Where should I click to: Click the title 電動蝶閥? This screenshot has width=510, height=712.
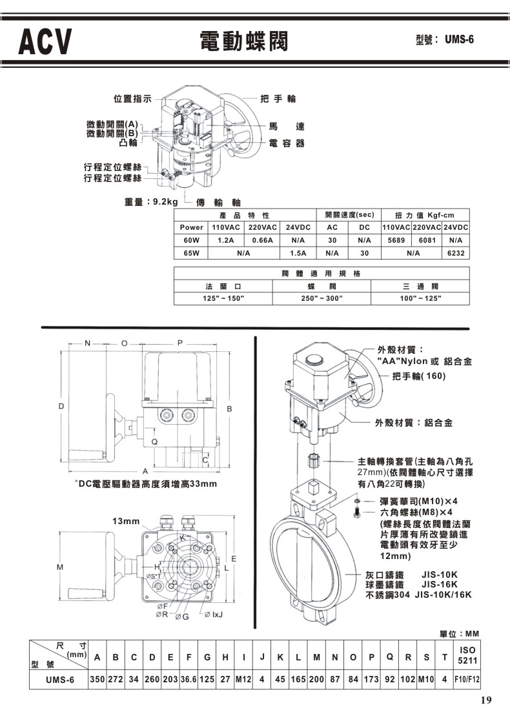[x=244, y=41]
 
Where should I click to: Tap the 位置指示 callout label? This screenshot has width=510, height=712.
[x=132, y=99]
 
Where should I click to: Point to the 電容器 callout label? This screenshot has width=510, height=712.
[x=286, y=143]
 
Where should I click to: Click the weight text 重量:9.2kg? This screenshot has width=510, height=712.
[x=151, y=201]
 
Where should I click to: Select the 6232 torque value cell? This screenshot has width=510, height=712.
[x=456, y=253]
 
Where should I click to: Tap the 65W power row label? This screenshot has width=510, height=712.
[x=192, y=253]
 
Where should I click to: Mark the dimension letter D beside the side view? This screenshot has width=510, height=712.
[x=61, y=407]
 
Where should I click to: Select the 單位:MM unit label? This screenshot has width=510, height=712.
[x=459, y=633]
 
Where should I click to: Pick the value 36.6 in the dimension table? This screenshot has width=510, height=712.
[x=189, y=680]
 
